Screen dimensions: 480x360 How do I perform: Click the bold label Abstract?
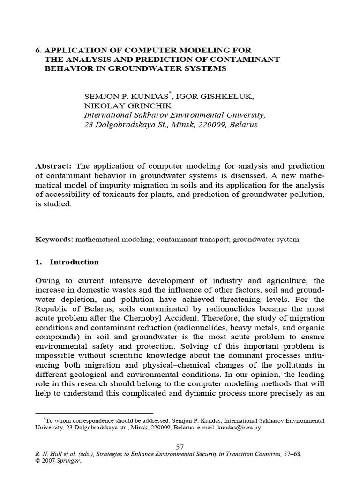54,167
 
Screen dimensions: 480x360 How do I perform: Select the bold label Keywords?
54,240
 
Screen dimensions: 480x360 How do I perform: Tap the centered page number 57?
180,447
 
